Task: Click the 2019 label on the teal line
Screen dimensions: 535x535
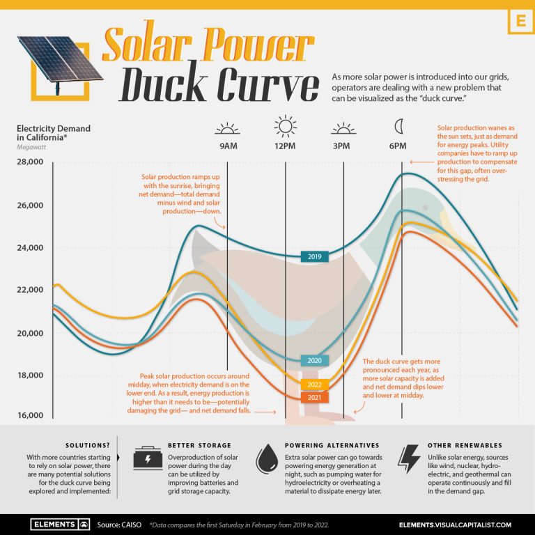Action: (314, 257)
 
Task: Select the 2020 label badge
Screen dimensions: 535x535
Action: (314, 361)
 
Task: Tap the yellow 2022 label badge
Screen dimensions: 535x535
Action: (314, 385)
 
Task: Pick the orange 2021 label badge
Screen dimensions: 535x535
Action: (314, 397)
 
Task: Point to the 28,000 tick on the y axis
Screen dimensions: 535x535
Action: (29, 162)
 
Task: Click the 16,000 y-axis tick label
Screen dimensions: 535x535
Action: (29, 416)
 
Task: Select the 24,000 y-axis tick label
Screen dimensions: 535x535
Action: (29, 248)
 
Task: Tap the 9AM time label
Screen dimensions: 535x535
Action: (228, 146)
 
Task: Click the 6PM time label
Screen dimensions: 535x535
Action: (398, 146)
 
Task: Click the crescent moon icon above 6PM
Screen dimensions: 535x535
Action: (398, 126)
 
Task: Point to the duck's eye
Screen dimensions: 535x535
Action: (425, 208)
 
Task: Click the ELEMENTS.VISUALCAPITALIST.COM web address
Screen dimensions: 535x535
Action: (456, 524)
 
